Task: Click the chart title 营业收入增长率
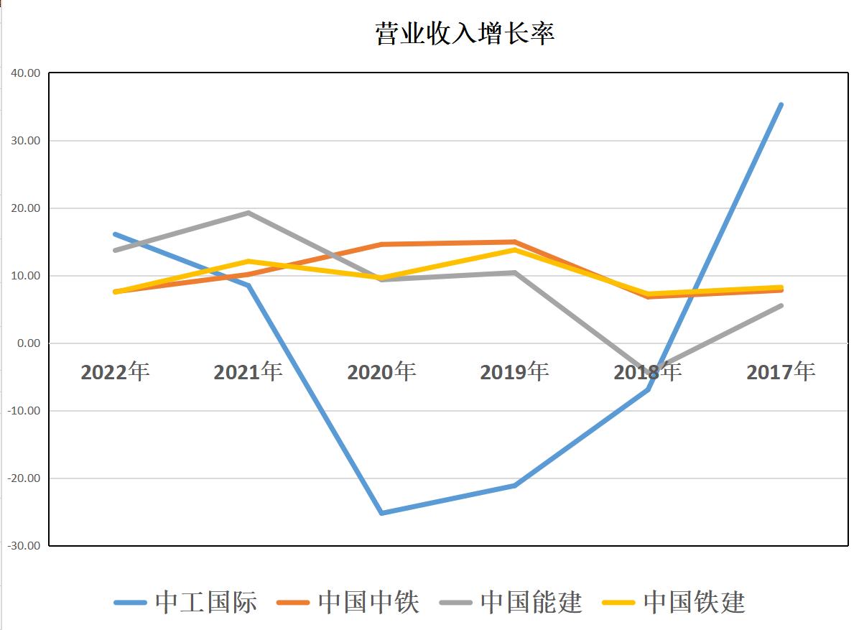[464, 34]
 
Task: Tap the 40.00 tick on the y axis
[25, 73]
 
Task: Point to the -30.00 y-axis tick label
[25, 546]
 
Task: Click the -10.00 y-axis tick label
[25, 411]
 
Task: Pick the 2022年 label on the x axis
[115, 372]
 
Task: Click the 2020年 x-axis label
[381, 372]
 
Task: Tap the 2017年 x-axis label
[781, 372]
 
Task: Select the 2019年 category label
[514, 372]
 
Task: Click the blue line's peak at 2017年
[781, 105]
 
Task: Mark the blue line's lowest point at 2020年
[381, 513]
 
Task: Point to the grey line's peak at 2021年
[248, 213]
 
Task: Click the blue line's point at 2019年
[514, 486]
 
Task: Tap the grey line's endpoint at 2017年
[781, 305]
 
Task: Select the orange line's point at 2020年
[381, 244]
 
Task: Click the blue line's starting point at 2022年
[115, 234]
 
